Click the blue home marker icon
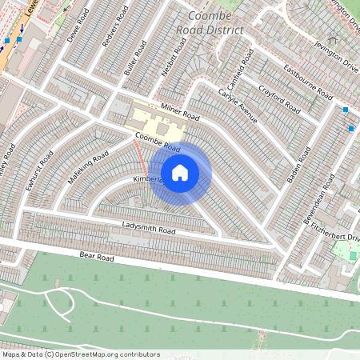[180, 173]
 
